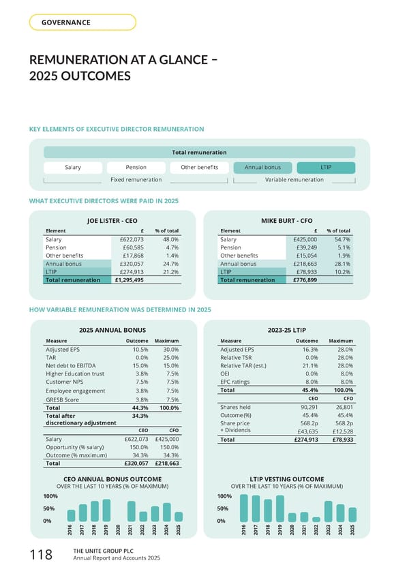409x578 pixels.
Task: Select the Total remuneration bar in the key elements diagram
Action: point(199,152)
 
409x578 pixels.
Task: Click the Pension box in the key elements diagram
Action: point(136,168)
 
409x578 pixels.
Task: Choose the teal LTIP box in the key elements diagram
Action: point(325,168)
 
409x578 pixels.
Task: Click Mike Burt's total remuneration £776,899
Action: point(303,279)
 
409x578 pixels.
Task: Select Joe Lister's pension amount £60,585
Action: point(130,248)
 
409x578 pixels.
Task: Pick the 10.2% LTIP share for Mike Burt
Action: point(342,271)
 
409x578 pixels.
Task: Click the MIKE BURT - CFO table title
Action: point(286,220)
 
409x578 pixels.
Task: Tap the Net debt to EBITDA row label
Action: point(72,366)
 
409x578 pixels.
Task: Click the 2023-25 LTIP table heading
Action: point(286,330)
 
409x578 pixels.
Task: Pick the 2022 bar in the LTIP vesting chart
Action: point(316,519)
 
